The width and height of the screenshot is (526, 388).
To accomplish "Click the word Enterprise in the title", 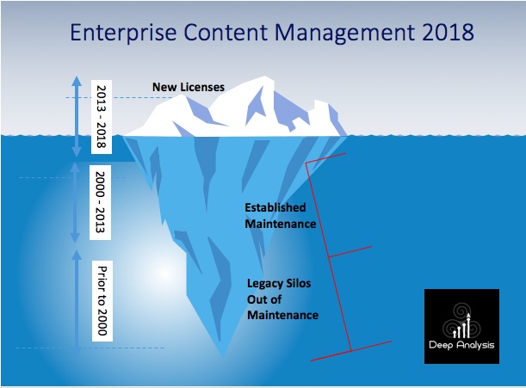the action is coord(123,33).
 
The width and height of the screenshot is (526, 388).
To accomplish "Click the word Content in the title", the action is coord(226,32).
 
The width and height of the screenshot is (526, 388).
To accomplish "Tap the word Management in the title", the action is coord(344,34).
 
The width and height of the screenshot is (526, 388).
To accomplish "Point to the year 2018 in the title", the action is coord(448,32).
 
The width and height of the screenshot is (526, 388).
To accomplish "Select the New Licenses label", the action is coord(189,87).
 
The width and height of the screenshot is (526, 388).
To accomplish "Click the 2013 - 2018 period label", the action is coord(102,117).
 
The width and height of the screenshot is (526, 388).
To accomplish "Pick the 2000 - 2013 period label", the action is coord(101,202).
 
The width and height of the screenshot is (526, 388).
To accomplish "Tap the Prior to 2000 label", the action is coord(102,301).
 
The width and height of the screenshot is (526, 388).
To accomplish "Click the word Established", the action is coord(275,207).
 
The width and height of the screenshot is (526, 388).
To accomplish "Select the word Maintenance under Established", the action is coord(281,224).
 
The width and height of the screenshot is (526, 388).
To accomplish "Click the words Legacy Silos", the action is coord(279,283).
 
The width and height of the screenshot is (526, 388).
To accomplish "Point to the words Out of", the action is coord(264,299).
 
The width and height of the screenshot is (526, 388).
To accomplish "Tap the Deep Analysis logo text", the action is coord(461,345).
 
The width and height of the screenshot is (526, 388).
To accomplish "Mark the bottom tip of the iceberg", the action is coord(222,358).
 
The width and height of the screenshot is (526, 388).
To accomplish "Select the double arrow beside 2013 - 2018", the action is coord(77,117).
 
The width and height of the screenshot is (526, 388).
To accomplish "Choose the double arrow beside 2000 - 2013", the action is coord(75,202).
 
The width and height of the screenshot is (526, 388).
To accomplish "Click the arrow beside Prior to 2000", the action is coord(77,302).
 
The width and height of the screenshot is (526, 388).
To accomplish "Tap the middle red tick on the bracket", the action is coord(350,252).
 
